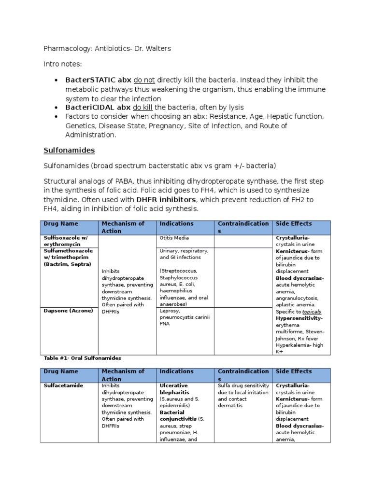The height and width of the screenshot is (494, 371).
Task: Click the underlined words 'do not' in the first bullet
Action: coord(145,80)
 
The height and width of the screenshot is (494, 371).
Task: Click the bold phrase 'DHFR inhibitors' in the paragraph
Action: coord(166,199)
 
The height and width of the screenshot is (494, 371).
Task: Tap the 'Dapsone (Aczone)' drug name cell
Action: coord(68,311)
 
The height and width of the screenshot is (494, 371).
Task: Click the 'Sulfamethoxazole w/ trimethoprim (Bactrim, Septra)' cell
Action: coord(68,258)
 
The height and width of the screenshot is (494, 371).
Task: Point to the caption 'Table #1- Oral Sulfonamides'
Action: coord(82,358)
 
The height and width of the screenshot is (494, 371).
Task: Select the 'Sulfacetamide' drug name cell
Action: coord(63,386)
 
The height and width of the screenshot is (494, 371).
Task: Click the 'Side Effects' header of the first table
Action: coord(294,224)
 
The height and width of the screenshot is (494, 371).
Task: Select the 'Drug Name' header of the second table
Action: coord(60,371)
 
